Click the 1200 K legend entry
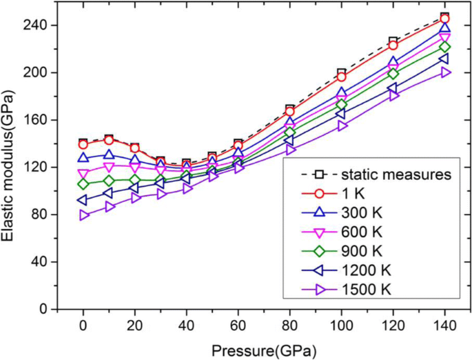371,271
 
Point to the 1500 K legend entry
371,291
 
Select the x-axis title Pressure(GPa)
265,350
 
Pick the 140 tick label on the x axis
444,325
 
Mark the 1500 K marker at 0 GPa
84,215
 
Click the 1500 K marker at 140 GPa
445,72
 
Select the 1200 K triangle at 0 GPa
83,200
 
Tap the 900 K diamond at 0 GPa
84,184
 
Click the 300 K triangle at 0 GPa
84,158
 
